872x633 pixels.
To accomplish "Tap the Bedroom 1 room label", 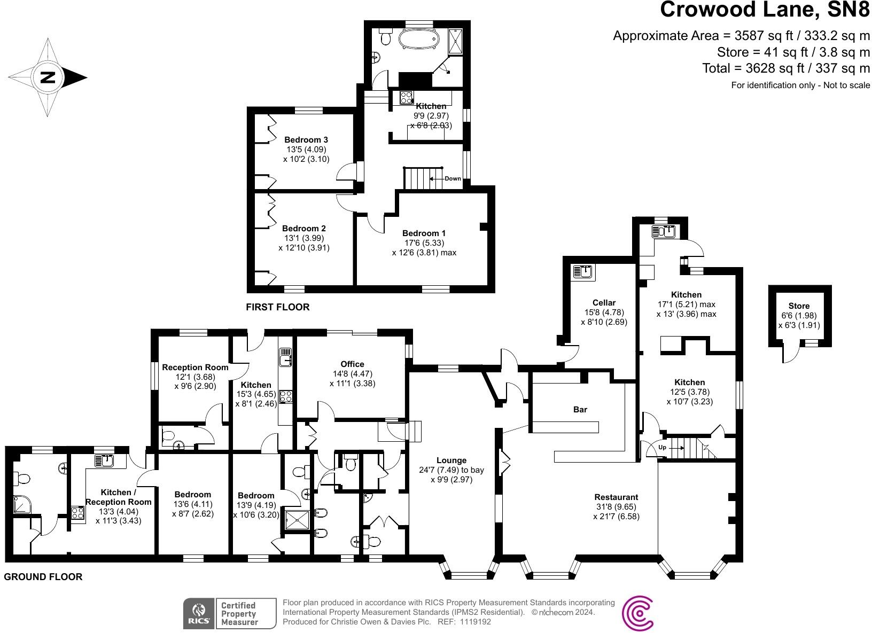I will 424,233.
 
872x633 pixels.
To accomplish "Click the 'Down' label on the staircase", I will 453,178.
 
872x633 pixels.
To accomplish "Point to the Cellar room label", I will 604,302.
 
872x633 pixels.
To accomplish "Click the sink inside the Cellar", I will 583,272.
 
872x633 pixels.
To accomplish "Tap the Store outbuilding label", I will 799,306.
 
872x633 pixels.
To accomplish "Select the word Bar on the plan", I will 580,409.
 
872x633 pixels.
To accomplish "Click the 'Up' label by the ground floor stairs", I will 662,447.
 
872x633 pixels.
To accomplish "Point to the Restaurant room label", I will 616,497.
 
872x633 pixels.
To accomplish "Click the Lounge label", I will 451,460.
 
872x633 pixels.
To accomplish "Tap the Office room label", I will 352,364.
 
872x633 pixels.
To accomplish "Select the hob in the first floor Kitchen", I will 407,98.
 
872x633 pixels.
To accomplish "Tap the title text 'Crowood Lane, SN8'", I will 765,10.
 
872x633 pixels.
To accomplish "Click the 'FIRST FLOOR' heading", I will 277,307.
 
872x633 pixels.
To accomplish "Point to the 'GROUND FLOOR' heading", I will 43,577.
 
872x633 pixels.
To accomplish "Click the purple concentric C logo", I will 638,613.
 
